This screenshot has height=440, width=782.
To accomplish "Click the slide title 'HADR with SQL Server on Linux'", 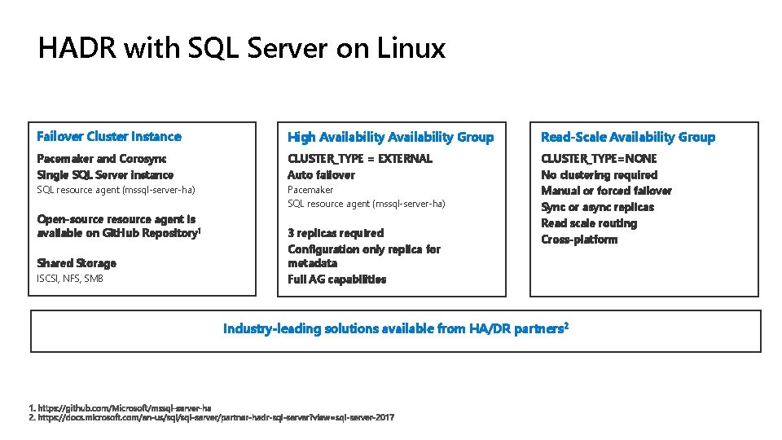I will [241, 49].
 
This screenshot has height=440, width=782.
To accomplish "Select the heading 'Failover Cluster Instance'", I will [109, 136].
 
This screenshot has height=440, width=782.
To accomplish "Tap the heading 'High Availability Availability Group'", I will [390, 137].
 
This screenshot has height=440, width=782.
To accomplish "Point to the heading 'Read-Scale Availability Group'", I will [627, 137].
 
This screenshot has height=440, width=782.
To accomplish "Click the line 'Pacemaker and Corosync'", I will [102, 158].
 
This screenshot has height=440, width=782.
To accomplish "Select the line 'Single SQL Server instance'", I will [105, 174].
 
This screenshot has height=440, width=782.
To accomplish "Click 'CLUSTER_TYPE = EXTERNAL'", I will [359, 158].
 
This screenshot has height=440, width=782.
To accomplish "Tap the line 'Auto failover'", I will [321, 174].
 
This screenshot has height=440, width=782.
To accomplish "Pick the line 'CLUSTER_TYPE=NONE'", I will [599, 158].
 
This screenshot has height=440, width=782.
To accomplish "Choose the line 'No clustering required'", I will [599, 174].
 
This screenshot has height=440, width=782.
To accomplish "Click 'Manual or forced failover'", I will [606, 191].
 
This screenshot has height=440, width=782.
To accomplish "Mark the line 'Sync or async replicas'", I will [597, 207].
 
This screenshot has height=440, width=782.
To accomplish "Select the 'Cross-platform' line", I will [579, 240].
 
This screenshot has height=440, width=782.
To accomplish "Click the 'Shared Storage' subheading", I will [77, 263].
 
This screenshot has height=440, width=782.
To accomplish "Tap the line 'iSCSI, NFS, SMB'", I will [70, 279].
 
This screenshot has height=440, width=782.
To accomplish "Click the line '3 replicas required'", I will [335, 233].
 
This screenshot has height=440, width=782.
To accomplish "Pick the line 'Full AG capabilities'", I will [336, 279].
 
